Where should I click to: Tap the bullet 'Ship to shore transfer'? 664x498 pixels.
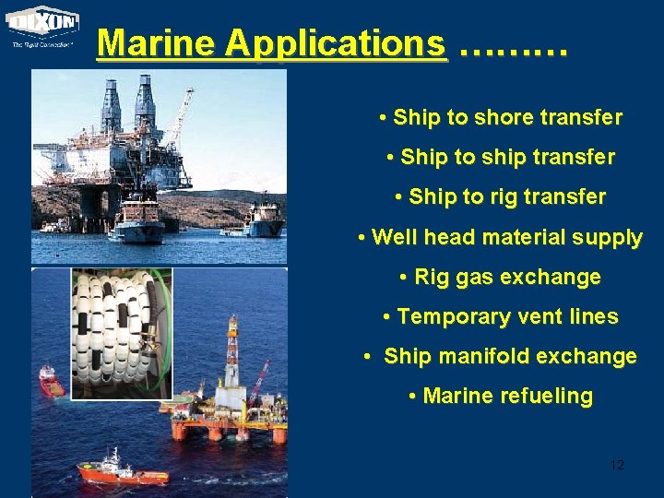pyautogui.click(x=501, y=118)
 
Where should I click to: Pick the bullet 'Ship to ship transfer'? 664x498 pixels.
pyautogui.click(x=501, y=158)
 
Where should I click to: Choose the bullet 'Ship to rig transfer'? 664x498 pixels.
pyautogui.click(x=501, y=197)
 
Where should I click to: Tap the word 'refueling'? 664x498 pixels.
pyautogui.click(x=546, y=396)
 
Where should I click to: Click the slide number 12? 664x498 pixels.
pyautogui.click(x=617, y=465)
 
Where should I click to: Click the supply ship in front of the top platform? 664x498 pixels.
pyautogui.click(x=136, y=221)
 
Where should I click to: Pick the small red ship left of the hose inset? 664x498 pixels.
pyautogui.click(x=50, y=381)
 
